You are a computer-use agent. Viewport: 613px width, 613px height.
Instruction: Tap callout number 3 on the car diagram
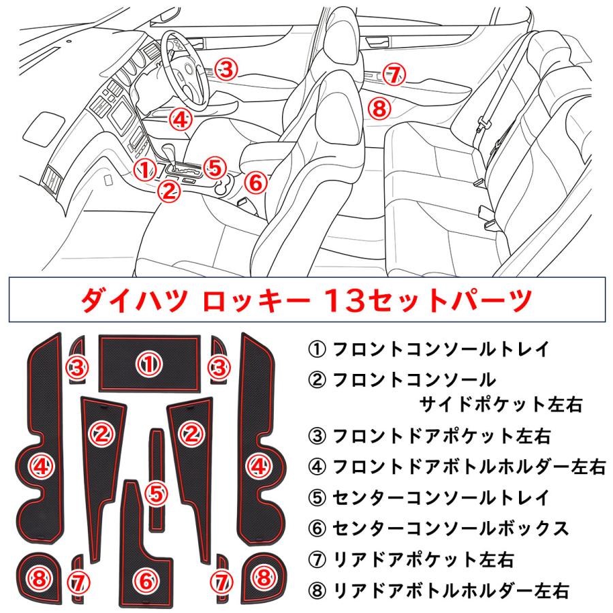click(227, 68)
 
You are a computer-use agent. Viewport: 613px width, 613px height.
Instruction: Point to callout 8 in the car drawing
click(380, 107)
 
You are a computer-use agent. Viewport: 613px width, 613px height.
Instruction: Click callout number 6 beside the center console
click(253, 182)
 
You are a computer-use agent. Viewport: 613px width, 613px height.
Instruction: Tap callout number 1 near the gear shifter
click(144, 168)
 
